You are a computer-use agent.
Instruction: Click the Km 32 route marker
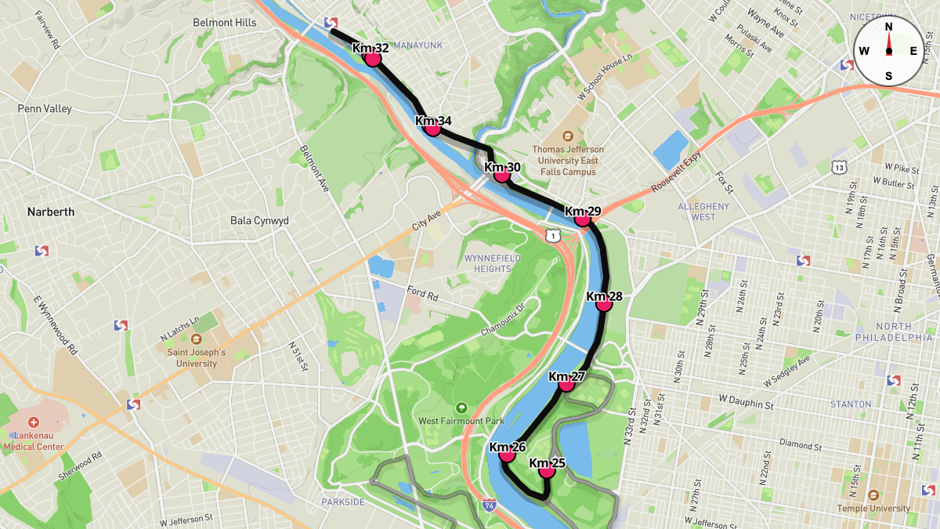pos(373,59)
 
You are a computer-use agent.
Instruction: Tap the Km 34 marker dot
pos(432,129)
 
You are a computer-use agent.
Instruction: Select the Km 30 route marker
pos(502,175)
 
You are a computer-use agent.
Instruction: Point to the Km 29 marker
pos(582,219)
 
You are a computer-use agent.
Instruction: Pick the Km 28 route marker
pos(604,304)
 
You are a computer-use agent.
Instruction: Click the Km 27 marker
pos(566,385)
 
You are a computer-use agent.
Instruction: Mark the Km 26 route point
pos(507,455)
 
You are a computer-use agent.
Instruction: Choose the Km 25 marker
pos(547,471)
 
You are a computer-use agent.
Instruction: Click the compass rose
pos(888,51)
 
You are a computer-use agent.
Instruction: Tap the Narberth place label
pos(51,212)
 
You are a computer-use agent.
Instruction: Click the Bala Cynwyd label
pos(259,221)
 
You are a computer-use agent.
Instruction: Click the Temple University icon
pos(873,495)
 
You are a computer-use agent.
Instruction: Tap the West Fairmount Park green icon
pos(461,408)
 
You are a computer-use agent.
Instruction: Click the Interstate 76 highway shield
pos(489,506)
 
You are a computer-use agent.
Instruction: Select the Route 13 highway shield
pos(840,167)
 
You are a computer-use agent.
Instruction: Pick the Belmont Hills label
pos(225,23)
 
